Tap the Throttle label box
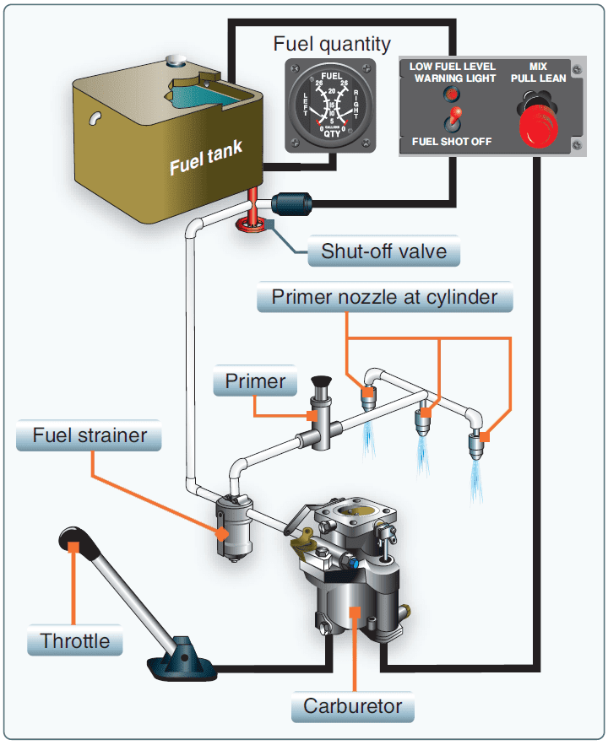[x=75, y=640]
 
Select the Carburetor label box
[x=354, y=706]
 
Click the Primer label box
[x=255, y=381]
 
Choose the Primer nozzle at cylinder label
[x=385, y=297]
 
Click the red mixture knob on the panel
[x=537, y=124]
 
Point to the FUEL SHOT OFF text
[x=451, y=141]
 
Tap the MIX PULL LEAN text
[x=537, y=72]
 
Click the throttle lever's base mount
[x=181, y=662]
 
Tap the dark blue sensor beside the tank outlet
[x=294, y=204]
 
